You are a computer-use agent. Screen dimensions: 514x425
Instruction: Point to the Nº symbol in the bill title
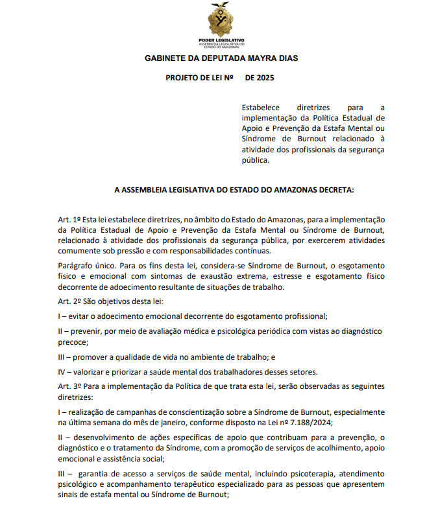(x=228, y=78)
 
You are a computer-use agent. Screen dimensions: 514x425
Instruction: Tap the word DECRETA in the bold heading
(x=331, y=191)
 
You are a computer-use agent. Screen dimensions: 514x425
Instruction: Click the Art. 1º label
(x=68, y=220)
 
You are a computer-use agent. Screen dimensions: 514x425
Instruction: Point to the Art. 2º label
(x=68, y=301)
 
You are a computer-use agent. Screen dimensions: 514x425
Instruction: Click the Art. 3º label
(x=68, y=386)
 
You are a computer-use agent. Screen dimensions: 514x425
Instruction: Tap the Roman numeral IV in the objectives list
(x=62, y=371)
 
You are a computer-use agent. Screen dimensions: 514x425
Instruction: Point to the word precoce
(x=73, y=342)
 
